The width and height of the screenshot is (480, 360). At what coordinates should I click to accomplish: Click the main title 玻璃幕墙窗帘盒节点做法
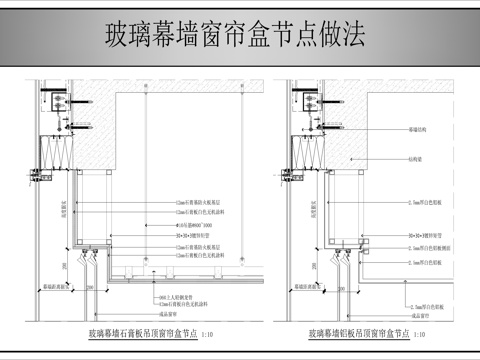[235, 34]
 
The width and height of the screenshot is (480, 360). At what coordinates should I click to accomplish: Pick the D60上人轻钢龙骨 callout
[175, 297]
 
